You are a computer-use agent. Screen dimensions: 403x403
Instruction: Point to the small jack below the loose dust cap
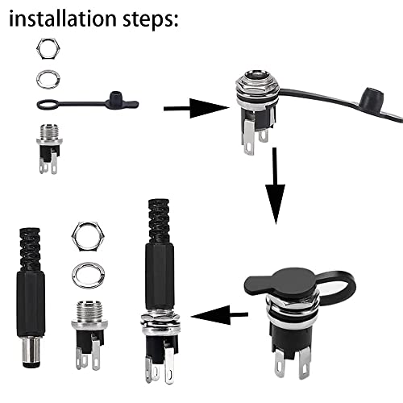tap(48, 147)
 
